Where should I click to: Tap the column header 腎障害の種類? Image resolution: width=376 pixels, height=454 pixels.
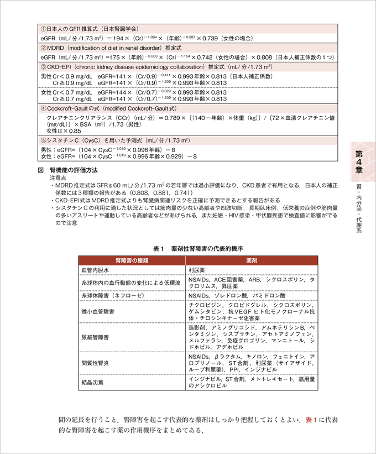(130, 260)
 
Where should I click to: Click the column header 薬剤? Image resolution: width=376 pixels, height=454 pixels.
(252, 260)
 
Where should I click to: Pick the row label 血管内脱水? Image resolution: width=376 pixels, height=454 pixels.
(96, 270)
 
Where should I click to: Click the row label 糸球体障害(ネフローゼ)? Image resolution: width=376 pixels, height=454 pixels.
(112, 296)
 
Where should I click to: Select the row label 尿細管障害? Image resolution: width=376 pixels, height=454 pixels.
(96, 336)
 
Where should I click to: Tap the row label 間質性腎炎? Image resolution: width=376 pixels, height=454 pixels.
(96, 363)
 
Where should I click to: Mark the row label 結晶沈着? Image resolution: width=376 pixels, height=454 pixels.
(92, 382)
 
